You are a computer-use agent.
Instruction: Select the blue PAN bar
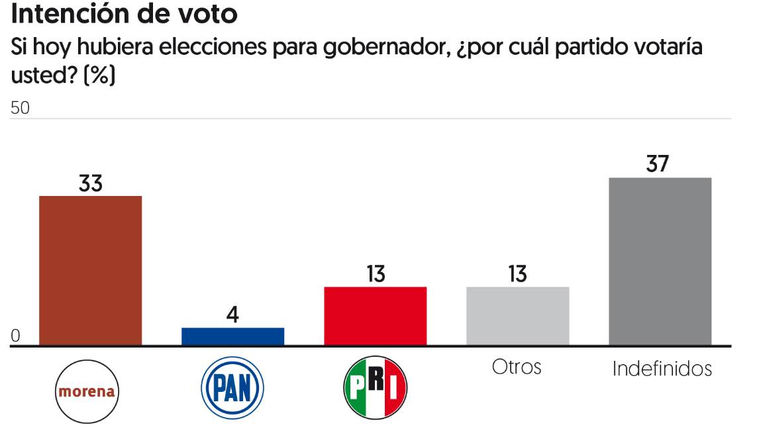[232, 336]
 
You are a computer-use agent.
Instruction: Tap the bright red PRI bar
[376, 316]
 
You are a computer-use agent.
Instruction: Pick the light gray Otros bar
[518, 316]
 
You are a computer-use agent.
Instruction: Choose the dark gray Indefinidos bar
[660, 262]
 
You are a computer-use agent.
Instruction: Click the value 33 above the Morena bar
[91, 183]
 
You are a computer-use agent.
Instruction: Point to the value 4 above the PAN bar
[232, 314]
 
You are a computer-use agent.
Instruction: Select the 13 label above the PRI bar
[376, 274]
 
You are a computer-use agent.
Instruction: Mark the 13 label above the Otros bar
[518, 274]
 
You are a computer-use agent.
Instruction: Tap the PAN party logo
[232, 388]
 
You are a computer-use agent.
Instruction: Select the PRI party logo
[376, 388]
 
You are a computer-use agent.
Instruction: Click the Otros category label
[517, 367]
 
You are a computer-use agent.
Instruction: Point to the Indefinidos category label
[662, 369]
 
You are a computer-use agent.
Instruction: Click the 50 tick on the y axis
[21, 109]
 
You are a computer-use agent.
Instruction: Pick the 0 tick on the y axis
[16, 336]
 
